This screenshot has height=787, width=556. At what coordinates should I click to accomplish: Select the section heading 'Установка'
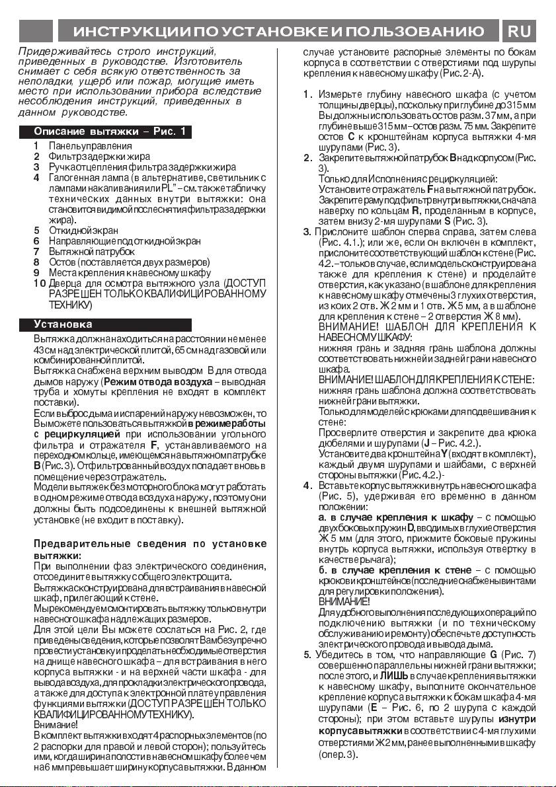coord(63,324)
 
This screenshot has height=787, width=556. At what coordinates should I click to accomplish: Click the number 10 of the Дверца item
coord(39,283)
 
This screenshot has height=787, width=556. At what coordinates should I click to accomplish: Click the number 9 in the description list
coord(37,273)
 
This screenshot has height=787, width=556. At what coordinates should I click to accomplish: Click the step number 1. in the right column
coord(307,93)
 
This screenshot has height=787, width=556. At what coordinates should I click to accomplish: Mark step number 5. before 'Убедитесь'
coord(307,655)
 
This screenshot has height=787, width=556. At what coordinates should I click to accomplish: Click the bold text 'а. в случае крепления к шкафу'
coord(395,517)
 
